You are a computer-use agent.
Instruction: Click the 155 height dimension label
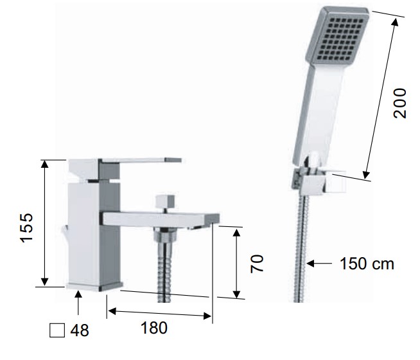[x=27, y=228]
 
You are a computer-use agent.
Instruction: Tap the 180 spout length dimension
[x=153, y=328]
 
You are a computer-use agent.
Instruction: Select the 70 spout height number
[x=257, y=264]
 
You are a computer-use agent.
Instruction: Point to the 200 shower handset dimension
[x=399, y=103]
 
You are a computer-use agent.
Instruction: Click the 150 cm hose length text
[x=367, y=264]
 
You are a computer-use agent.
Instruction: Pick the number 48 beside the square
[x=80, y=330]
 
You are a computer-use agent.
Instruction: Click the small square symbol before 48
[x=57, y=330]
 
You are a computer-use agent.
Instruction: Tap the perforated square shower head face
[x=338, y=36]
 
